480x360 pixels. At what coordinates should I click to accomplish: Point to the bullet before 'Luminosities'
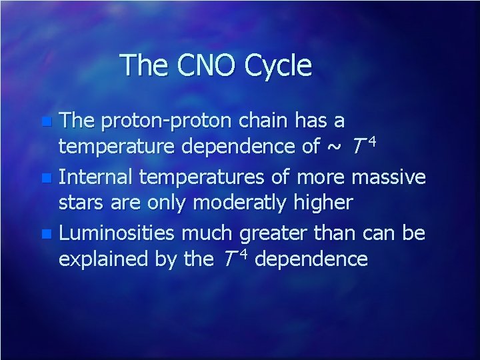coord(45,235)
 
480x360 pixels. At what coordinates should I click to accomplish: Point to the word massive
coord(388,177)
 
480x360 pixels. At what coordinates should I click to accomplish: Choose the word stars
coord(81,203)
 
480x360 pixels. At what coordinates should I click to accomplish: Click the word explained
coord(101,259)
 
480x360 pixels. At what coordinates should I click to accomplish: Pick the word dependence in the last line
coord(311,259)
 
